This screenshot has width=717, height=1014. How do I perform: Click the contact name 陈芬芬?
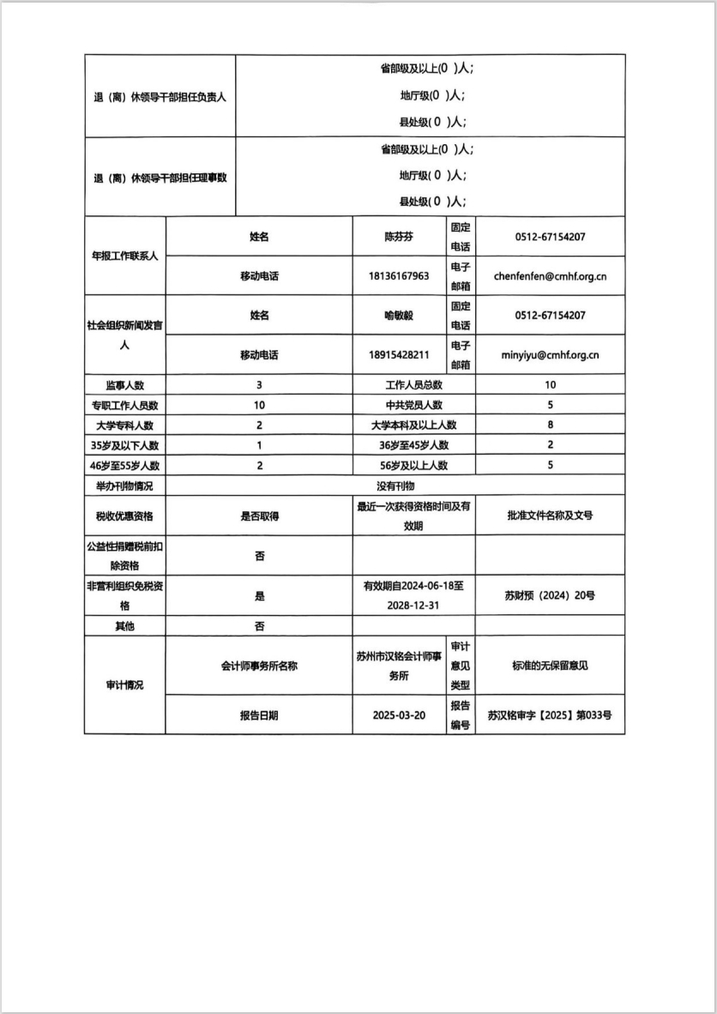click(399, 237)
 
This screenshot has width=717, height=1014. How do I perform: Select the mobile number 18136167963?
click(399, 276)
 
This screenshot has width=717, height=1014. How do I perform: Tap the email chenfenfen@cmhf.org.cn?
click(550, 276)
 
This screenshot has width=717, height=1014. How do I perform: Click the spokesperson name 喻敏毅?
click(399, 316)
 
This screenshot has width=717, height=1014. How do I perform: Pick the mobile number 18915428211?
click(399, 354)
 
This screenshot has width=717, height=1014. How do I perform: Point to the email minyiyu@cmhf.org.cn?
click(550, 354)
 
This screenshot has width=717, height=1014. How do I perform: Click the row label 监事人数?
click(124, 385)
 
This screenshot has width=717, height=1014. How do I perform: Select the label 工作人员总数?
click(413, 385)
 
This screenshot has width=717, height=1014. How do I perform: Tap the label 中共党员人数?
click(413, 405)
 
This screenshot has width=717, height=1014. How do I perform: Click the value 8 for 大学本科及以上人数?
click(550, 425)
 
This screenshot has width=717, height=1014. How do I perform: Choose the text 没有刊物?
click(395, 486)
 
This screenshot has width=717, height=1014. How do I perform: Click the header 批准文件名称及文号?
click(550, 516)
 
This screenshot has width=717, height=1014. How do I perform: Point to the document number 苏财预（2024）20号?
click(550, 595)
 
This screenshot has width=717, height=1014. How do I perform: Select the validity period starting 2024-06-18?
click(413, 595)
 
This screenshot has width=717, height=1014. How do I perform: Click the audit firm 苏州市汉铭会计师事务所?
click(399, 666)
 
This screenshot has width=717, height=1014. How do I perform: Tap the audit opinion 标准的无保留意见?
click(550, 666)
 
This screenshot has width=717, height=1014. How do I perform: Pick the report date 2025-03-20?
click(399, 715)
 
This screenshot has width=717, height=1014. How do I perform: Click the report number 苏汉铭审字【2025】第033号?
click(550, 715)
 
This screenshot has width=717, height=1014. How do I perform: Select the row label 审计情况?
click(124, 685)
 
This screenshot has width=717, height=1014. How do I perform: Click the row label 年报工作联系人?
click(124, 257)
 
